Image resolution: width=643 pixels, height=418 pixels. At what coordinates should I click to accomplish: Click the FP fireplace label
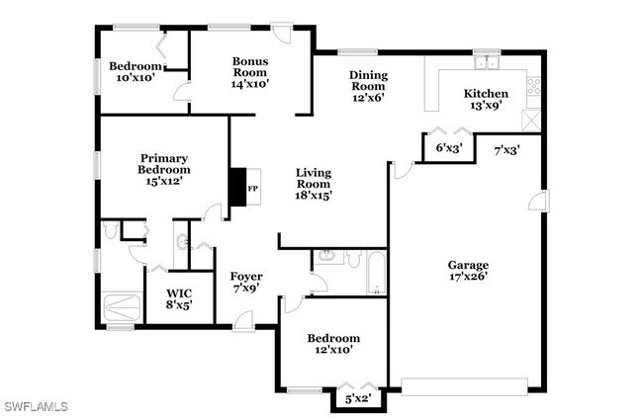click(x=253, y=189)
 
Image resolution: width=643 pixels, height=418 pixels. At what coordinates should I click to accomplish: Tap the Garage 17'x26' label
click(x=468, y=271)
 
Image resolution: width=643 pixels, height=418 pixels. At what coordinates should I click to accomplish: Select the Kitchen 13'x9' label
click(x=486, y=99)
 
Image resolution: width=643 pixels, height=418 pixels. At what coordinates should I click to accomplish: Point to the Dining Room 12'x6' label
click(x=368, y=86)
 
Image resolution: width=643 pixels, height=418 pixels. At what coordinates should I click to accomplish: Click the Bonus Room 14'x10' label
click(x=250, y=72)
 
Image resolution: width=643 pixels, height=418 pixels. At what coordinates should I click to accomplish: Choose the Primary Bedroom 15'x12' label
click(x=164, y=169)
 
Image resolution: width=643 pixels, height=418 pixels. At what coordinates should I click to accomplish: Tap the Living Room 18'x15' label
click(x=314, y=184)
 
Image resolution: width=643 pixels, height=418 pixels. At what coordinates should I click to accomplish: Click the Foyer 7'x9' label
click(x=246, y=282)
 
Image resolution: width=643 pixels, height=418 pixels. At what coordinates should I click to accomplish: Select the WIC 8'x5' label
click(x=179, y=299)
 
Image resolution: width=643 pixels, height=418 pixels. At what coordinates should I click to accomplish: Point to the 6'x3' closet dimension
click(x=449, y=147)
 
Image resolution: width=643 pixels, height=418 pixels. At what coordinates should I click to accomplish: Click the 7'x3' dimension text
click(x=506, y=150)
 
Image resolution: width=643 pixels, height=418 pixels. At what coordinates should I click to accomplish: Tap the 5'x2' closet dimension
click(x=358, y=398)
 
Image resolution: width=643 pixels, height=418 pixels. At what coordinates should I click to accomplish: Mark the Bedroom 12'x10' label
click(x=333, y=344)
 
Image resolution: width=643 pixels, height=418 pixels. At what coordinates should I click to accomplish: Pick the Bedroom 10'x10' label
click(x=136, y=71)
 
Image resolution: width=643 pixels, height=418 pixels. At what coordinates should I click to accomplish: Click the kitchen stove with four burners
click(x=534, y=86)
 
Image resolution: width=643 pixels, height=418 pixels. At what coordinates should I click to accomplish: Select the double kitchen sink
click(x=487, y=62)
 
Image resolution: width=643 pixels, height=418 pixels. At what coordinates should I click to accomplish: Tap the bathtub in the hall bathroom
click(x=376, y=272)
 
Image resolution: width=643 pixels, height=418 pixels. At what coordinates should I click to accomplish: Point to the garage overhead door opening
click(x=465, y=386)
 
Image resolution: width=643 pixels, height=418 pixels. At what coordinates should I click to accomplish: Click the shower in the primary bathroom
click(x=122, y=308)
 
